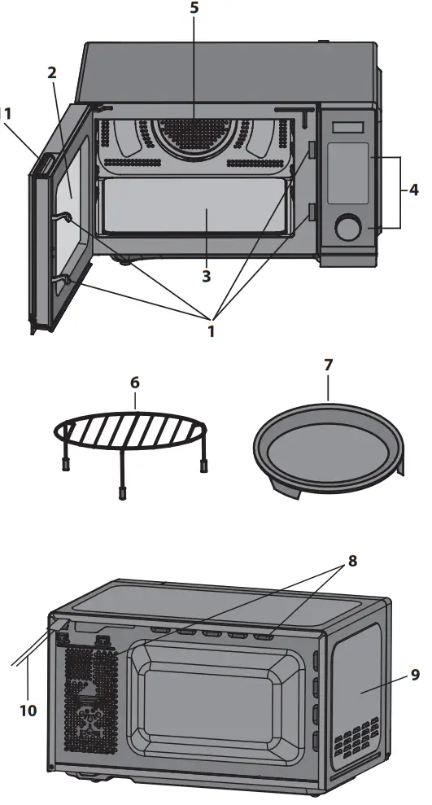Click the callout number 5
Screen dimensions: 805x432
pyautogui.click(x=194, y=10)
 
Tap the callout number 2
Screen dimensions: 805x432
pyautogui.click(x=51, y=72)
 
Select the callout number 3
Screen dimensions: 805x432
pyautogui.click(x=207, y=277)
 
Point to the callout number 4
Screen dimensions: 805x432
pyautogui.click(x=414, y=190)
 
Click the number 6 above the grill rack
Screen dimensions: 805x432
pyautogui.click(x=135, y=382)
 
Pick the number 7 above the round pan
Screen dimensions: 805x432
pyautogui.click(x=328, y=365)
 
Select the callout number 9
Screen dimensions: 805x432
pyautogui.click(x=415, y=674)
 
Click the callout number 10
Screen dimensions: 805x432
pyautogui.click(x=28, y=711)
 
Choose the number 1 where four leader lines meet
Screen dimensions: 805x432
pyautogui.click(x=211, y=331)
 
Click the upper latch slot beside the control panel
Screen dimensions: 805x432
pyautogui.click(x=312, y=150)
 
